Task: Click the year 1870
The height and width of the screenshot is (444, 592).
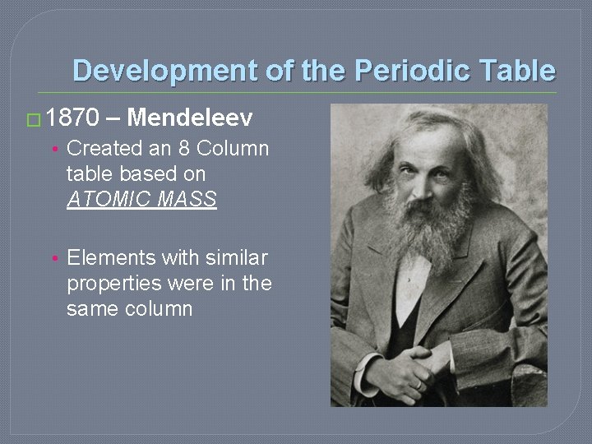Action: pyautogui.click(x=73, y=119)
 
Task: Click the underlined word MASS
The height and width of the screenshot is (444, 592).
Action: pyautogui.click(x=191, y=200)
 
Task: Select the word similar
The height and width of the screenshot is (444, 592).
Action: pyautogui.click(x=238, y=258)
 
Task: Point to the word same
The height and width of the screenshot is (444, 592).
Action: pyautogui.click(x=93, y=309)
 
